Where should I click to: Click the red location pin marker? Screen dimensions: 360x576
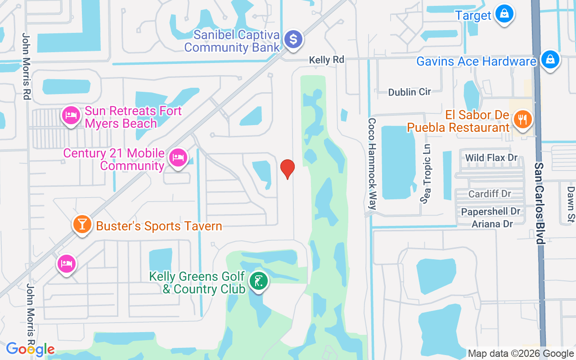(287, 169)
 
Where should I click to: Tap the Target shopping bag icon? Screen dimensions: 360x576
(504, 13)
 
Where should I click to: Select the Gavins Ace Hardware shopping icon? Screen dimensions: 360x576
(549, 60)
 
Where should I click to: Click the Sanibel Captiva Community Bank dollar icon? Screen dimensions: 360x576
(293, 40)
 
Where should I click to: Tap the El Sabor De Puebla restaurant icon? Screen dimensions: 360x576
(522, 120)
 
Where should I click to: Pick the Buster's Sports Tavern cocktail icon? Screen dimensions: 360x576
(82, 224)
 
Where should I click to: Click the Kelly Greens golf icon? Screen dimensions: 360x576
(258, 282)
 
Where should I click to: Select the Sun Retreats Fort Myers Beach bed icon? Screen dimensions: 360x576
(71, 116)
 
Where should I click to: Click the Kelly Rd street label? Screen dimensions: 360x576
(326, 60)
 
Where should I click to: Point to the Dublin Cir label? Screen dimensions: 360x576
(409, 92)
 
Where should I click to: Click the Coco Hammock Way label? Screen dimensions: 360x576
(372, 164)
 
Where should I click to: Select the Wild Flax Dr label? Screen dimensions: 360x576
(491, 158)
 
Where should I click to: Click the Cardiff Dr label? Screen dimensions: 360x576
(490, 194)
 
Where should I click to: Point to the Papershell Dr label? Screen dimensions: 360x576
(490, 211)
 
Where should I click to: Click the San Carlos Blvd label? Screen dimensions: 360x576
(539, 203)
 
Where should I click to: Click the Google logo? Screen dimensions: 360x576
(30, 349)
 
